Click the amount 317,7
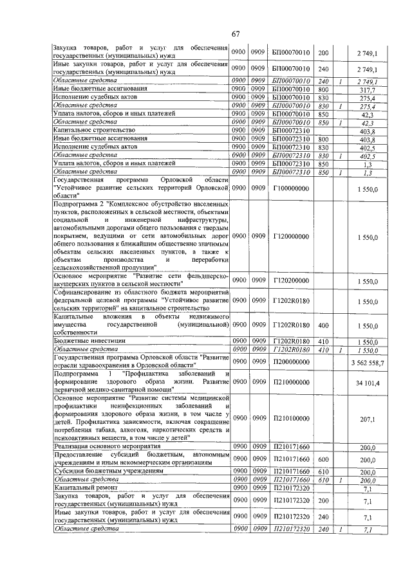(x=368, y=90)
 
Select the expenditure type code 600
(x=324, y=460)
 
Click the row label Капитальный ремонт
(x=83, y=489)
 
